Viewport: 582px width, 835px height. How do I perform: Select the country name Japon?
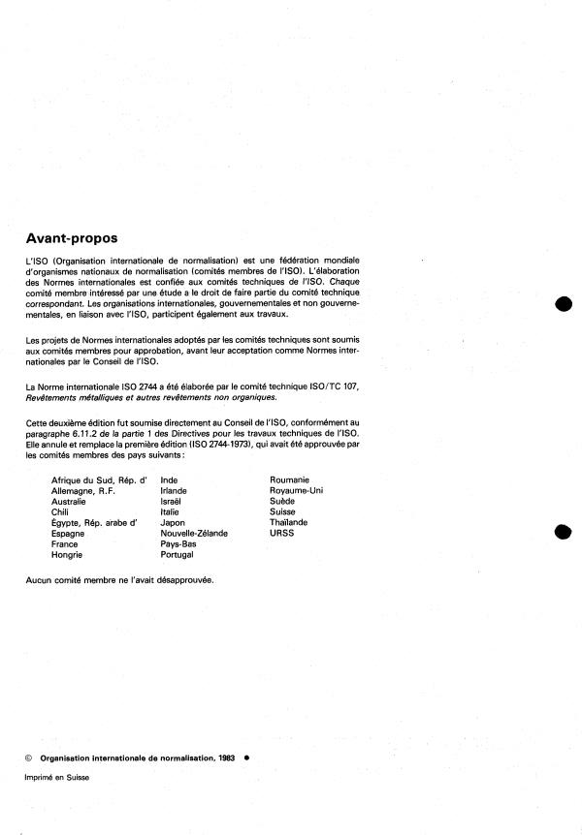(173, 523)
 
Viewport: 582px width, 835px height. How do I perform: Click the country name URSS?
(281, 534)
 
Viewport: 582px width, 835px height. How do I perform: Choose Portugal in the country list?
(177, 555)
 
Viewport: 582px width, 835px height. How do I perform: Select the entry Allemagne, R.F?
(88, 491)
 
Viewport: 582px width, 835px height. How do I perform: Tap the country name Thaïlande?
(289, 523)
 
